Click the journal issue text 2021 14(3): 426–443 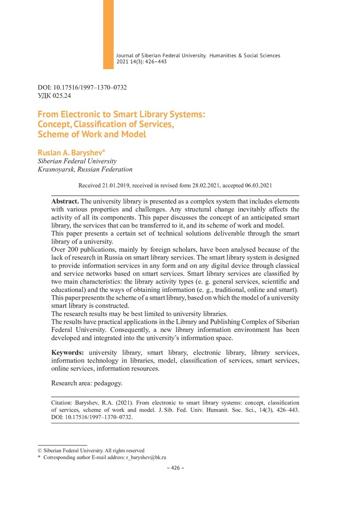click(141, 62)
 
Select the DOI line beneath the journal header click(82, 88)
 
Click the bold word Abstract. click(65, 201)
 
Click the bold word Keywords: click(68, 353)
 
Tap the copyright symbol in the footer click(40, 450)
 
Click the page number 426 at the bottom click(176, 468)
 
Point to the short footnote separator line click(55, 445)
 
